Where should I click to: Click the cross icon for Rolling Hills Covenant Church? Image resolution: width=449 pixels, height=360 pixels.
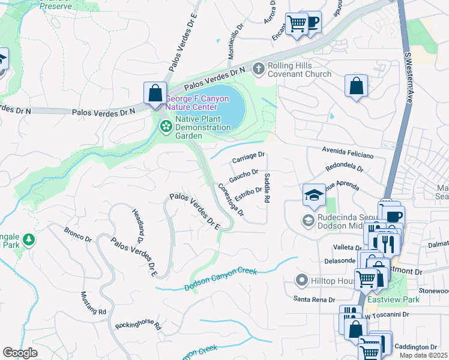coord(259,68)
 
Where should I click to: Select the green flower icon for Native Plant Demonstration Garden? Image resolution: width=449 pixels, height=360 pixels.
coord(165,127)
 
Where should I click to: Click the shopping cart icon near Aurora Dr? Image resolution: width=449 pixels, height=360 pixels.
coord(297,24)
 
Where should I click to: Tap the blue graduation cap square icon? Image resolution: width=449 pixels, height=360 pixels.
coord(314,194)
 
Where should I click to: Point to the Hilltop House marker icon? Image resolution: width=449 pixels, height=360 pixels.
coord(302,280)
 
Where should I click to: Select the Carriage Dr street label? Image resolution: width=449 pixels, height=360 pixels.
coord(248,158)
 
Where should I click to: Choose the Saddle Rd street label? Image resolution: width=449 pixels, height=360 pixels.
coord(268,187)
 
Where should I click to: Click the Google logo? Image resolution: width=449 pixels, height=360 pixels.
coord(20,352)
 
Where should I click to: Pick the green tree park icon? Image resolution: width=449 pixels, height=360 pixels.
coord(28,240)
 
